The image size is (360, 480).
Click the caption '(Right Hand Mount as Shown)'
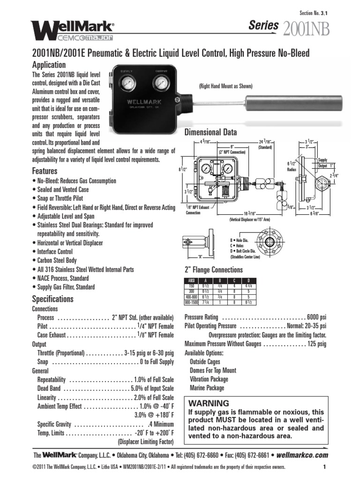[x=225, y=86]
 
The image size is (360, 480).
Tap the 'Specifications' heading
[x=52, y=299]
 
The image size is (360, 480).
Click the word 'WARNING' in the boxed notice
[x=209, y=403]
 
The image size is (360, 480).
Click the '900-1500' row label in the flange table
[x=191, y=302]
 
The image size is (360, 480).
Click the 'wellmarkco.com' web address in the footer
[x=302, y=455]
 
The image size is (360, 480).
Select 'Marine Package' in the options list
[x=207, y=388]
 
